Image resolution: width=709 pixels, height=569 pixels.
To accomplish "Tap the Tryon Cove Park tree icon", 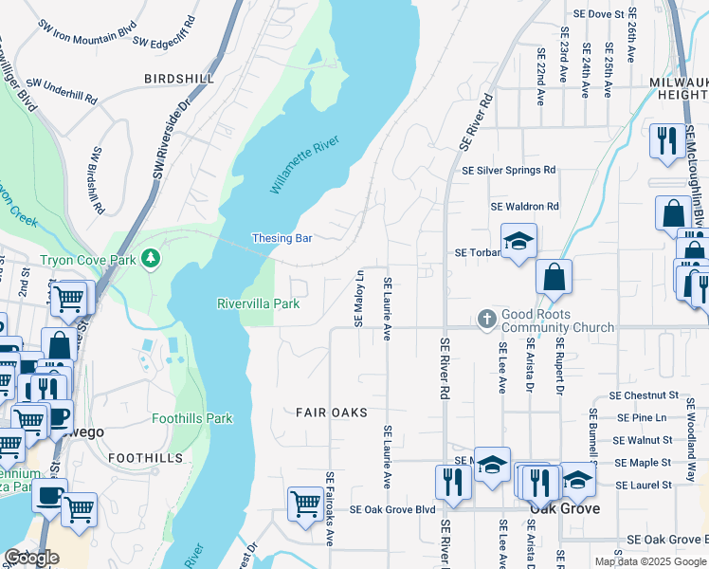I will tap(149, 258).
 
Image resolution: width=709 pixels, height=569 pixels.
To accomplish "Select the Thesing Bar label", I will tap(282, 238).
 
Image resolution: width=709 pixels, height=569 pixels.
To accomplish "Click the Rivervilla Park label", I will tap(258, 303).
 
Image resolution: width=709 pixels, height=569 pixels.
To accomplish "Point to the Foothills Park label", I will tap(192, 417).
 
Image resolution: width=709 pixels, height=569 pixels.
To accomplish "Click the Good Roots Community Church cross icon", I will tap(486, 319).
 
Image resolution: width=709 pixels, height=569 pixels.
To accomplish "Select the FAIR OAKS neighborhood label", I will tap(331, 413).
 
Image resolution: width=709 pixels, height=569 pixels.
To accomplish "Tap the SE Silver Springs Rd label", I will tap(508, 171).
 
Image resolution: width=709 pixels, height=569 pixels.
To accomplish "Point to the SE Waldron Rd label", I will tap(524, 206).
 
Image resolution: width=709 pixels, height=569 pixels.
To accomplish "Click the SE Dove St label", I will tap(599, 15).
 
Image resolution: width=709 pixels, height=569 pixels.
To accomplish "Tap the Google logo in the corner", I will tap(31, 558).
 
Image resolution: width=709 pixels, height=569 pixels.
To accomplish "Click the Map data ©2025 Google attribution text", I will tap(650, 561).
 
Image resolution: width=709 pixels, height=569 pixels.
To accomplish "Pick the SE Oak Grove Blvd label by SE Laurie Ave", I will tap(391, 509).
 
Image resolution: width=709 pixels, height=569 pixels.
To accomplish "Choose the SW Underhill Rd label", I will tap(62, 91).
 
